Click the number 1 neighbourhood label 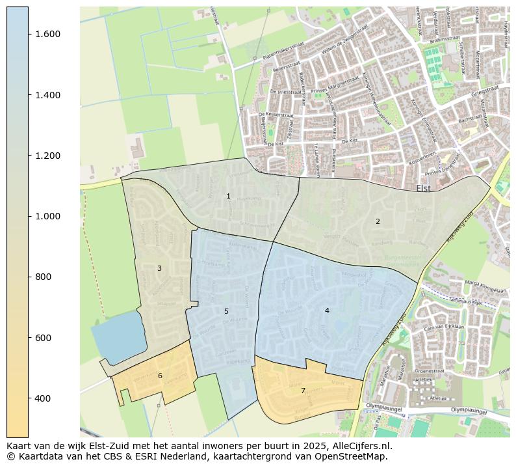click(x=228, y=196)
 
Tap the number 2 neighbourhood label click(x=378, y=221)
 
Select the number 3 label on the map click(x=159, y=268)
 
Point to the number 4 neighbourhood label click(x=327, y=310)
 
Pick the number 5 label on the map click(x=226, y=311)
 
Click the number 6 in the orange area click(x=160, y=376)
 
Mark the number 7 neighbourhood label click(x=303, y=391)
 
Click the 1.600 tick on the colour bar click(x=48, y=34)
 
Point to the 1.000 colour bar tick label click(x=48, y=216)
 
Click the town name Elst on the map click(x=424, y=189)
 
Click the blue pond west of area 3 click(x=117, y=335)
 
